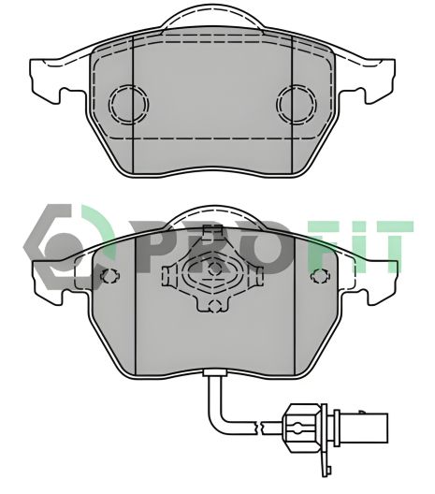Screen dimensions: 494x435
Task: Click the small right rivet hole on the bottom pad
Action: tap(319, 277)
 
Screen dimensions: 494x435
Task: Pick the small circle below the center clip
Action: tap(213, 303)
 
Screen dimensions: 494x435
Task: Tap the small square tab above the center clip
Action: tap(213, 234)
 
